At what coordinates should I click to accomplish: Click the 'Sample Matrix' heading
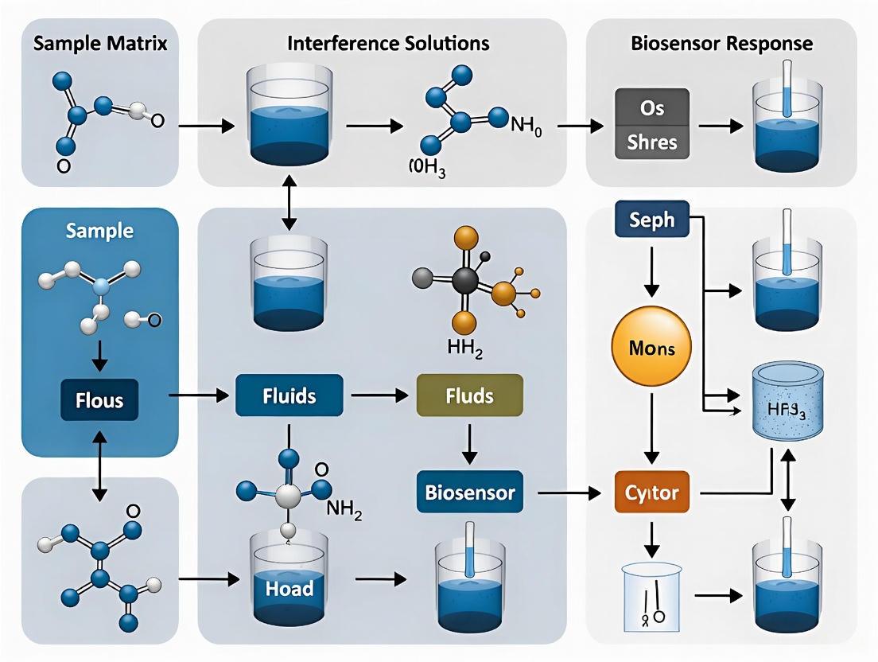click(100, 43)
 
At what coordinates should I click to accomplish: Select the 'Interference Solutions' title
click(388, 42)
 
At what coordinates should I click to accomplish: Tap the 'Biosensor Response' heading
click(722, 42)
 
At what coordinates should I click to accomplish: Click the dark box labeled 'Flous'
click(100, 399)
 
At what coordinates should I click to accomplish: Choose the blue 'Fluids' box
click(289, 395)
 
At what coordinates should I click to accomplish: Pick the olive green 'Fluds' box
click(470, 395)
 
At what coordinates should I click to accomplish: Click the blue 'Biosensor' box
click(470, 493)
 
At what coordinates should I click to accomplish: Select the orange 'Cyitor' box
click(652, 493)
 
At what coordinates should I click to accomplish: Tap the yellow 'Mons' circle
click(651, 348)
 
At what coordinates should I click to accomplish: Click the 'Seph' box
click(652, 220)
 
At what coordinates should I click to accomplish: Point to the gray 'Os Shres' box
click(652, 125)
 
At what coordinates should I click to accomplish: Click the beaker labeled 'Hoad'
click(289, 585)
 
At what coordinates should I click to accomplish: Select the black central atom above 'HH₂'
click(464, 280)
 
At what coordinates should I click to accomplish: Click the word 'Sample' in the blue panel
click(100, 232)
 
